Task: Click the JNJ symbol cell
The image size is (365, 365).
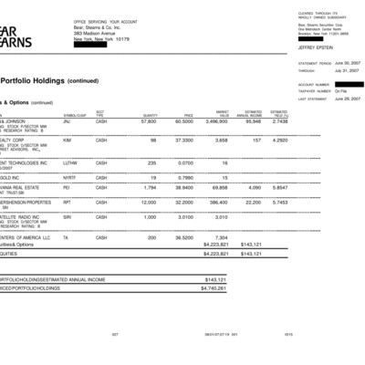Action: [x=68, y=120]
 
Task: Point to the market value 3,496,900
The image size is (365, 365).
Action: [x=215, y=120]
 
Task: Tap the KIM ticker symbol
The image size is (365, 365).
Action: [x=68, y=141]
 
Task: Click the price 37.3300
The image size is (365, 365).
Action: [x=183, y=141]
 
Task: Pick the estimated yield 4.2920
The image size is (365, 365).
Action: [x=278, y=141]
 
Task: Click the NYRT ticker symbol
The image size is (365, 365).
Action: [x=69, y=177]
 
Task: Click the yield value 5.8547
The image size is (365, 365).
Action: [x=278, y=187]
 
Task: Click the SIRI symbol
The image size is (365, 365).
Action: [x=68, y=217]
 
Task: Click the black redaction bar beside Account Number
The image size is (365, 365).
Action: [x=348, y=84]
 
